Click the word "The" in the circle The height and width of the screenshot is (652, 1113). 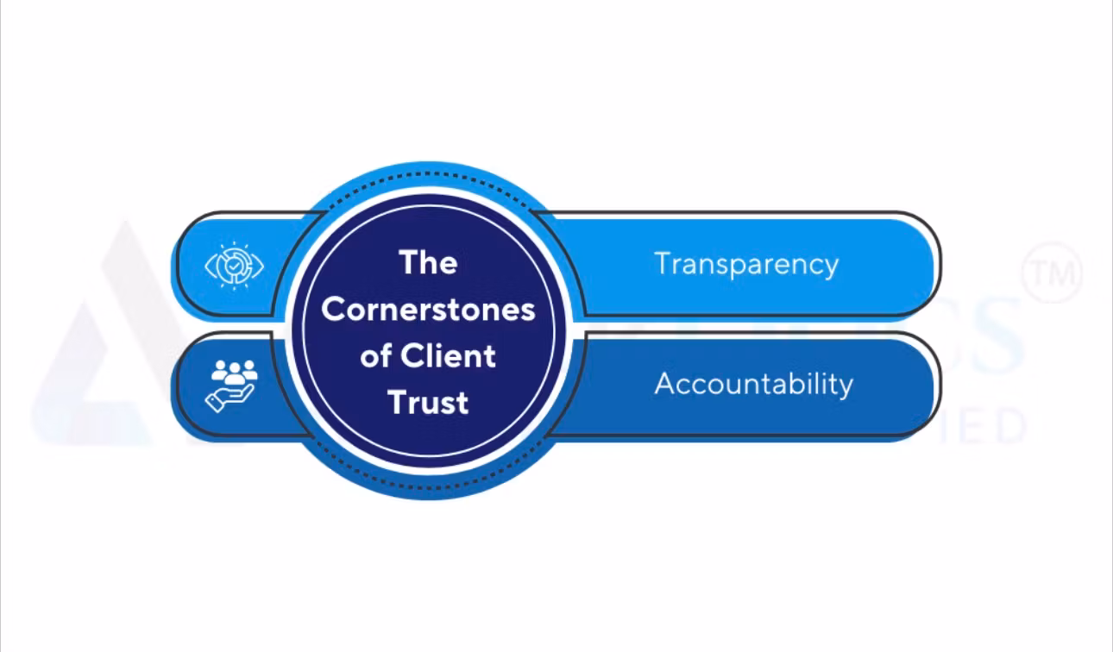coord(428,262)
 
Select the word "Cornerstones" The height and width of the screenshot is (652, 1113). coord(428,309)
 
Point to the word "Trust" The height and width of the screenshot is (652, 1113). coord(428,402)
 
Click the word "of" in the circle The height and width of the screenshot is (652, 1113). coord(376,355)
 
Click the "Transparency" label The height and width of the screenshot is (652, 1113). coord(746,263)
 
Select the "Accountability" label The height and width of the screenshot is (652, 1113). coord(753,383)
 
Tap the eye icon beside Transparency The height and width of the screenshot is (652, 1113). coord(234,265)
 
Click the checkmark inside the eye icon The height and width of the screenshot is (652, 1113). coord(234,265)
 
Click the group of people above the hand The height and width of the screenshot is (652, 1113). coord(235,371)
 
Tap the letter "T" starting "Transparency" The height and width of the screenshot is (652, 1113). coord(662,263)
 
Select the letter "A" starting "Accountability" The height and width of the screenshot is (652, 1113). coord(663,383)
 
